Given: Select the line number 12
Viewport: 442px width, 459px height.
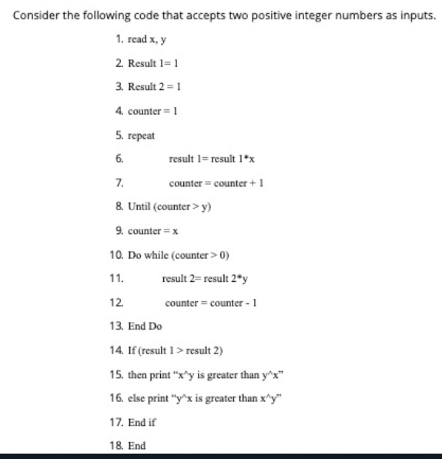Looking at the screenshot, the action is pos(116,302).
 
